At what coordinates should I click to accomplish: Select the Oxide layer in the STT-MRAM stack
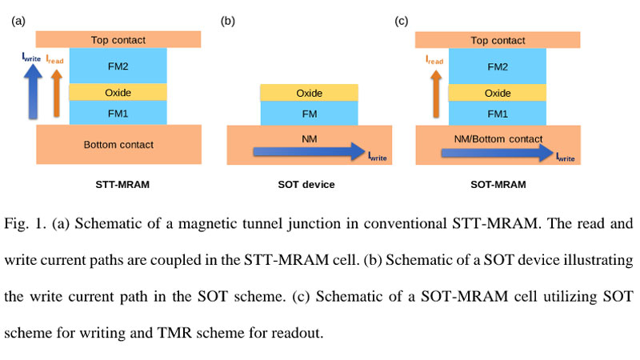pyautogui.click(x=118, y=93)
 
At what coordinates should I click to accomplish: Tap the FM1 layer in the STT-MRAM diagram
pyautogui.click(x=118, y=113)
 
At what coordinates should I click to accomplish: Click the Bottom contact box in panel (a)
pyautogui.click(x=118, y=145)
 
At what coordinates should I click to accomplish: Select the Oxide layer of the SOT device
pyautogui.click(x=309, y=94)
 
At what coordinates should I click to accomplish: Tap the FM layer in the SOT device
pyautogui.click(x=309, y=114)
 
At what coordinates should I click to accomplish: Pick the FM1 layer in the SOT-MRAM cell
pyautogui.click(x=498, y=113)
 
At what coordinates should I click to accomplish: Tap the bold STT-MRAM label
pyautogui.click(x=118, y=185)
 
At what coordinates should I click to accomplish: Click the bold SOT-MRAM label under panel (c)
pyautogui.click(x=498, y=185)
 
